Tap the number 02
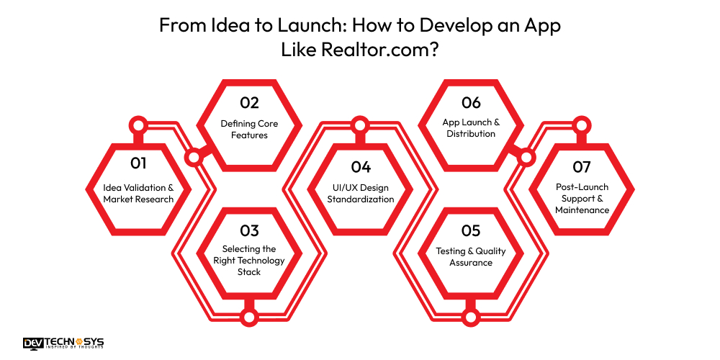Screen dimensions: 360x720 pyautogui.click(x=249, y=103)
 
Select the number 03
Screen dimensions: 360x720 pyautogui.click(x=249, y=230)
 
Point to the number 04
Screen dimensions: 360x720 pyautogui.click(x=361, y=167)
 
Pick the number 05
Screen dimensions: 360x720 pyautogui.click(x=471, y=230)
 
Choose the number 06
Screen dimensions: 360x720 pyautogui.click(x=471, y=103)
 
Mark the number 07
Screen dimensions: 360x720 pyautogui.click(x=582, y=167)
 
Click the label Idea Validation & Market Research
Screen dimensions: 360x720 pyautogui.click(x=138, y=193)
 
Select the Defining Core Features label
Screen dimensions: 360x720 pyautogui.click(x=249, y=129)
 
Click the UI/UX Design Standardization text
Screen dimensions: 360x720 pyautogui.click(x=361, y=193)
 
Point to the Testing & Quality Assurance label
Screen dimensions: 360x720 pyautogui.click(x=471, y=257)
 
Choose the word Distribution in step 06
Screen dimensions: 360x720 pyautogui.click(x=471, y=134)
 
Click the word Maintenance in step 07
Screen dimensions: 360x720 pyautogui.click(x=582, y=210)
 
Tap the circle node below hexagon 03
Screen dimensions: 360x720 pyautogui.click(x=249, y=316)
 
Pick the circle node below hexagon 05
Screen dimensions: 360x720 pyautogui.click(x=471, y=316)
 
